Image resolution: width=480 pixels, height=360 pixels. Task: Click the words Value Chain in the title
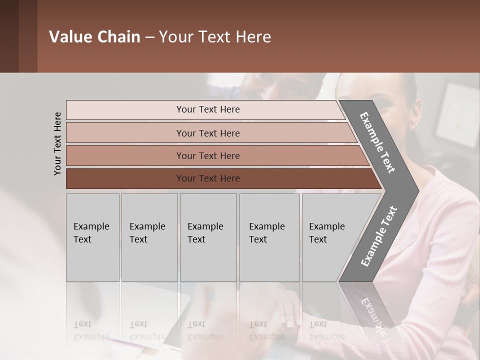[94, 37]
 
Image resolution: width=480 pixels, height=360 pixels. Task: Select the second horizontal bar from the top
[207, 133]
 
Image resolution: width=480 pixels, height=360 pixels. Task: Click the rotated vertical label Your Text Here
[57, 143]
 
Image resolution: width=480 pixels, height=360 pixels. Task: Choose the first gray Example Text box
[92, 237]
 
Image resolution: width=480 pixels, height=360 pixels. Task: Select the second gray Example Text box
[149, 237]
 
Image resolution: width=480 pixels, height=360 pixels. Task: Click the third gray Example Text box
[208, 237]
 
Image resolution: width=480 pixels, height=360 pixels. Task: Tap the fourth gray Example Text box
[269, 237]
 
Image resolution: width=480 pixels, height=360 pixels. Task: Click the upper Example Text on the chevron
[378, 142]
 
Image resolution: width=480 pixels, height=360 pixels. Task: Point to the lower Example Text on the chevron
[378, 236]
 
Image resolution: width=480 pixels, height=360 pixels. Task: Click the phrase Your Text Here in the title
[215, 37]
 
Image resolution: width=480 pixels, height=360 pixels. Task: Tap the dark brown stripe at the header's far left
[9, 36]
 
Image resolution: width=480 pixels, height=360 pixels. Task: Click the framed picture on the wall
[458, 115]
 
